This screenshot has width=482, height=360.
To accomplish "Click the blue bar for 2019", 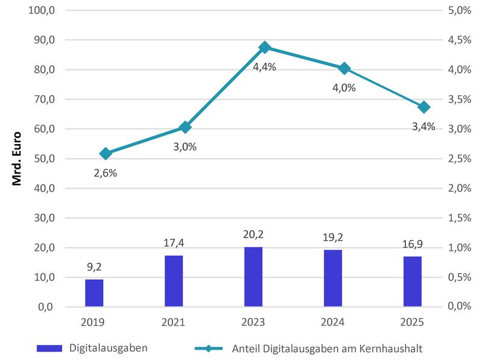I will click(x=94, y=293).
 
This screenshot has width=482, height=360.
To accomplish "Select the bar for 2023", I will click(x=253, y=277).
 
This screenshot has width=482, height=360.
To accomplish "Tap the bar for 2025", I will click(x=412, y=282).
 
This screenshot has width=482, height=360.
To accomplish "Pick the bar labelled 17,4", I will click(x=174, y=281).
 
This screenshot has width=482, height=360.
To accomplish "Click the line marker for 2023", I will click(x=264, y=47).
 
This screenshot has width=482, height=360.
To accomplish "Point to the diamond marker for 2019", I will click(x=106, y=154).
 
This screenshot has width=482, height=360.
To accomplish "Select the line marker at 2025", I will click(x=424, y=107).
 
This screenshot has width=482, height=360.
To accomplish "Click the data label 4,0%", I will click(x=344, y=87).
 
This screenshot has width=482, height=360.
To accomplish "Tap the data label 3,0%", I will click(x=185, y=147).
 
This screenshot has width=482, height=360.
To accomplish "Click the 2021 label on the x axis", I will click(x=174, y=323).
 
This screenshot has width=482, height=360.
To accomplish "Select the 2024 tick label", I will click(x=333, y=323).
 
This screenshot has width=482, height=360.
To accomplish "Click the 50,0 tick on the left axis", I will click(x=43, y=159).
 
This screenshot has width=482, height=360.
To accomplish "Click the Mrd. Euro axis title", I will click(x=17, y=159).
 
